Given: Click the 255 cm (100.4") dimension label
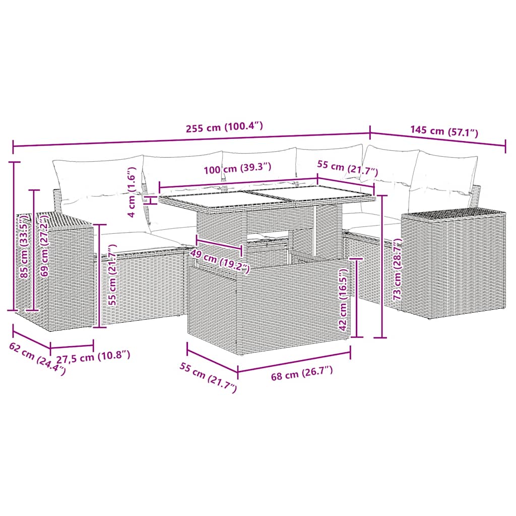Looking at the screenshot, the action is click(224, 126).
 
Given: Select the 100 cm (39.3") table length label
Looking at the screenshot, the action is click(237, 168).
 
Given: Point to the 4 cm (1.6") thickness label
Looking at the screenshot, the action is click(132, 192).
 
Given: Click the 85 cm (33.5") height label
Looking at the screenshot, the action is click(24, 246).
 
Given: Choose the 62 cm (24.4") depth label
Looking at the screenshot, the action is click(37, 359).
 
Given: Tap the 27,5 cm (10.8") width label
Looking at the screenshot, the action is click(93, 356).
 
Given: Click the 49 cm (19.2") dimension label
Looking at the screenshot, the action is click(220, 262).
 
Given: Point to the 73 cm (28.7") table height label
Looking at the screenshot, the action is click(398, 269).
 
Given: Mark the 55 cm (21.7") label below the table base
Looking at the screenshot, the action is click(208, 377).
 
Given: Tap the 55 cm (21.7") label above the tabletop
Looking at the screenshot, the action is click(348, 168).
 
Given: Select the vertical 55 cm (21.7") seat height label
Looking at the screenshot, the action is click(112, 275).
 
